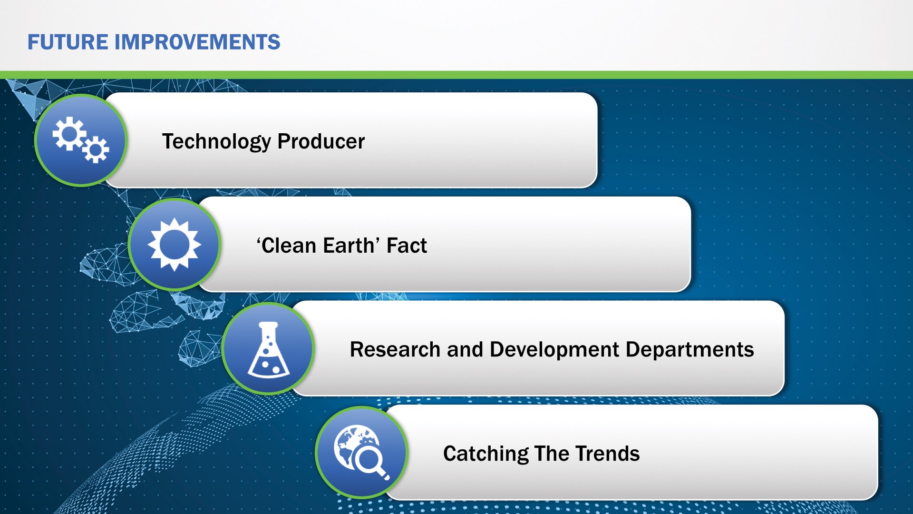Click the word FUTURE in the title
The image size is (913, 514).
[68, 42]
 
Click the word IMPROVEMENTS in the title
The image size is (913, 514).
[197, 42]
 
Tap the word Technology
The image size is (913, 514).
[216, 142]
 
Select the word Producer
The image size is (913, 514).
[321, 141]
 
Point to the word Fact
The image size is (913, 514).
[407, 246]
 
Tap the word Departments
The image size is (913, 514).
[690, 350]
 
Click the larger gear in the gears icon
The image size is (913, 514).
[69, 133]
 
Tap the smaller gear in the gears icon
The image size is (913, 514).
[96, 149]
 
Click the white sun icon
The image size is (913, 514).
[175, 245]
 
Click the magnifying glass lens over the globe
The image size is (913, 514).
[369, 460]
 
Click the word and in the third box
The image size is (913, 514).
[465, 349]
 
